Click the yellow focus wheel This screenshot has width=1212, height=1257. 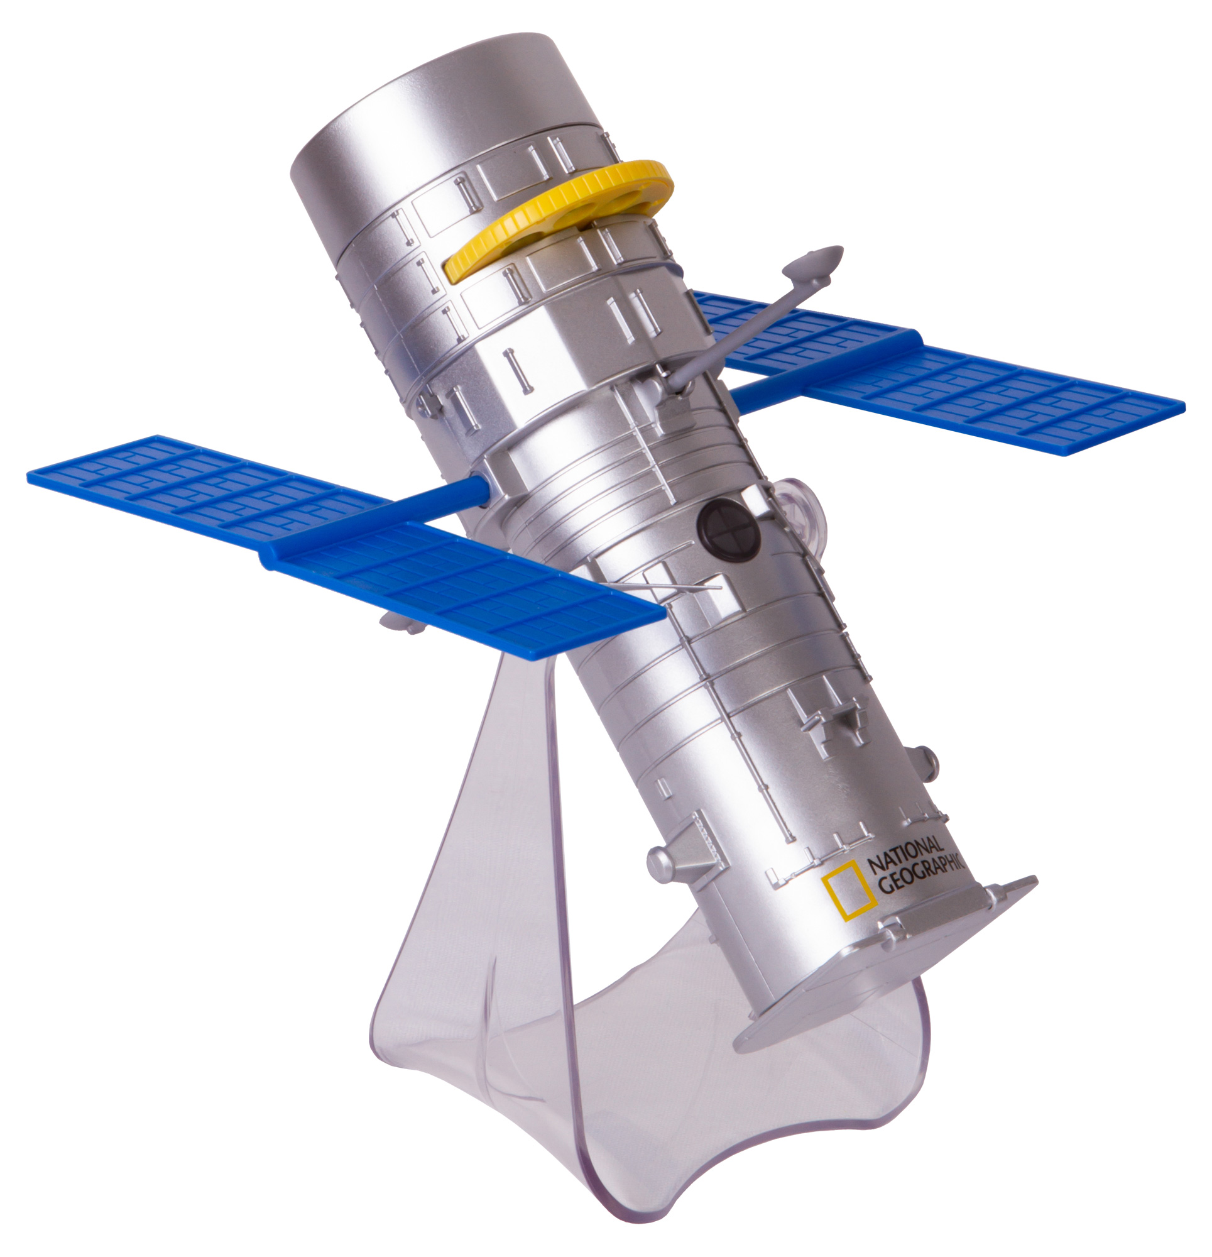pos(558,218)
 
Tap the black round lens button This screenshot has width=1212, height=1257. pos(729,530)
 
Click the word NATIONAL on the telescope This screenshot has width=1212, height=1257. pos(905,854)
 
